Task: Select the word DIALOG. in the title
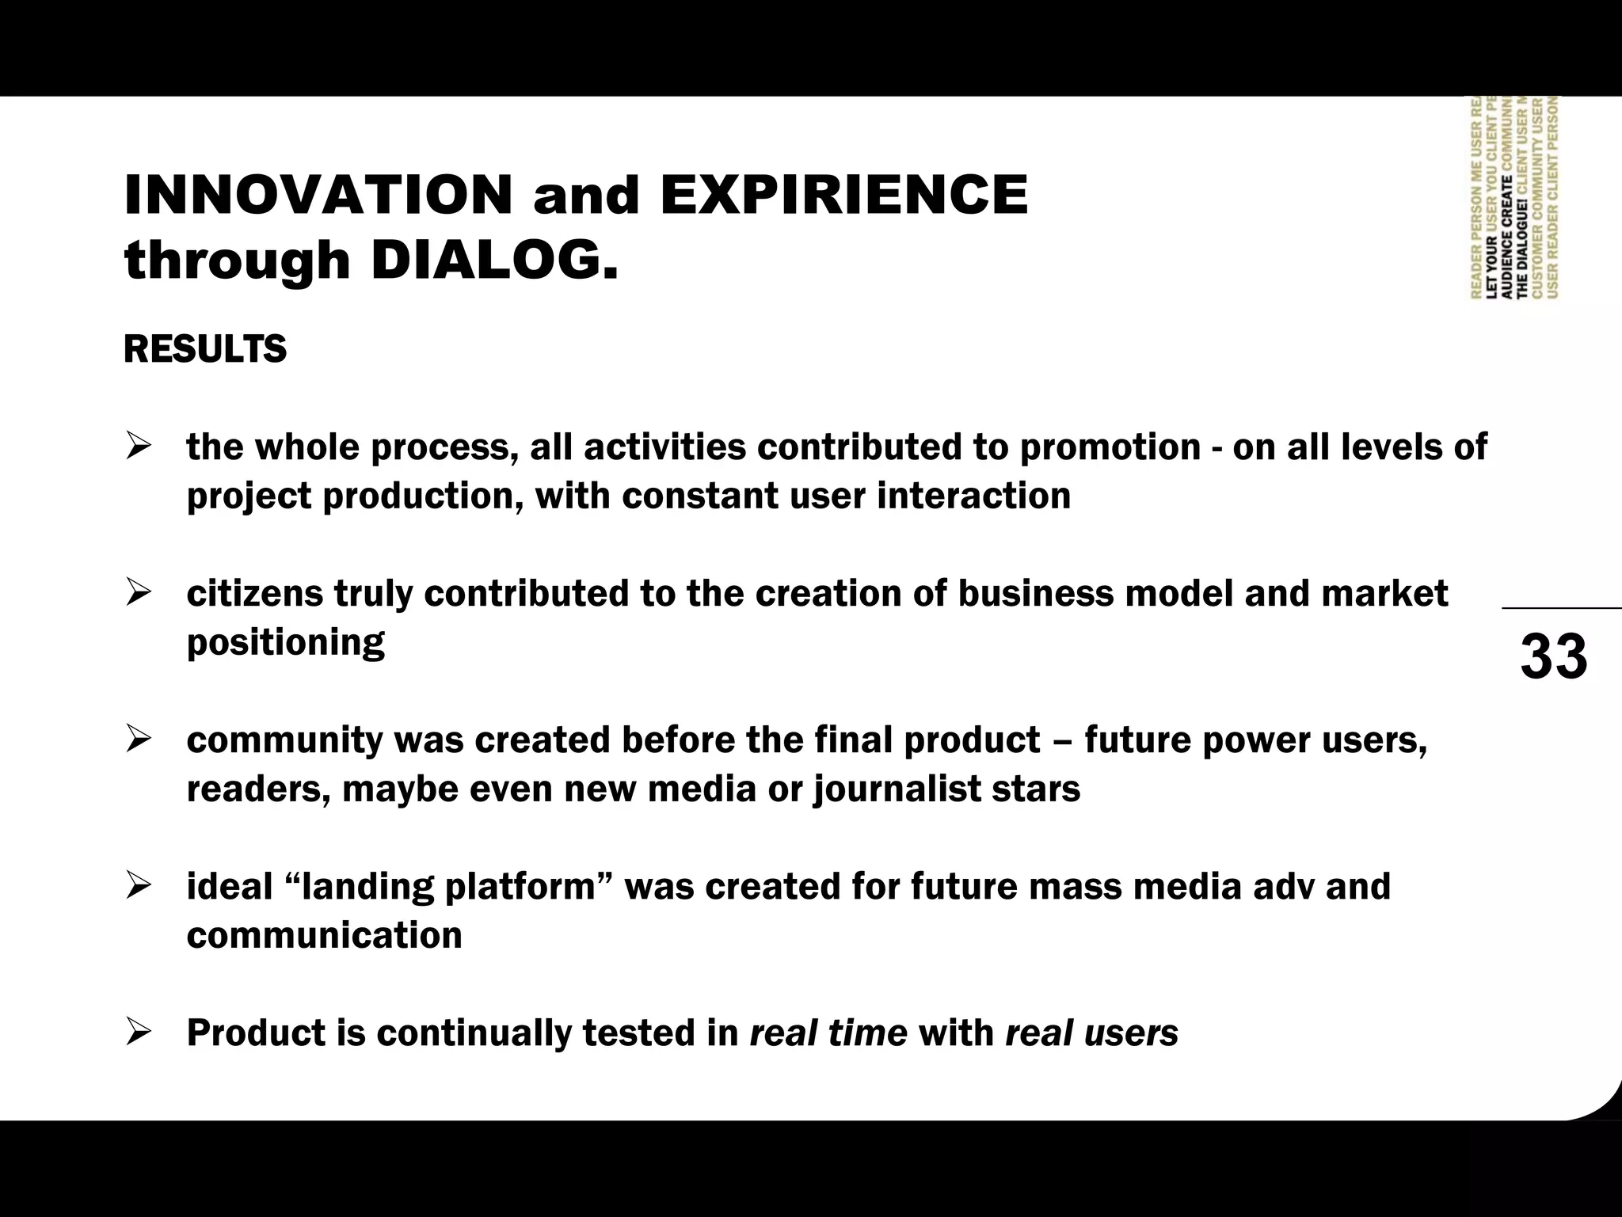(x=494, y=261)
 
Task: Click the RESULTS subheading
(x=205, y=349)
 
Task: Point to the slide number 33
(x=1553, y=657)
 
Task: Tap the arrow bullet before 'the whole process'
(x=138, y=447)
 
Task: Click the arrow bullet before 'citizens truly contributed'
(x=138, y=594)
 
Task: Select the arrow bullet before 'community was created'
(x=138, y=740)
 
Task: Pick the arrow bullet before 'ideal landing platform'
(x=138, y=887)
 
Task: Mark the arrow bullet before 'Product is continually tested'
(x=138, y=1033)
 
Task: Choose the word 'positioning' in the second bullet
(x=286, y=643)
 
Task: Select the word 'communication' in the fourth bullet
(x=325, y=936)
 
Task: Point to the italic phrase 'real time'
(x=828, y=1033)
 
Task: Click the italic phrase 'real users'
(x=1091, y=1033)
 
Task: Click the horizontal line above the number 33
(x=1561, y=608)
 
